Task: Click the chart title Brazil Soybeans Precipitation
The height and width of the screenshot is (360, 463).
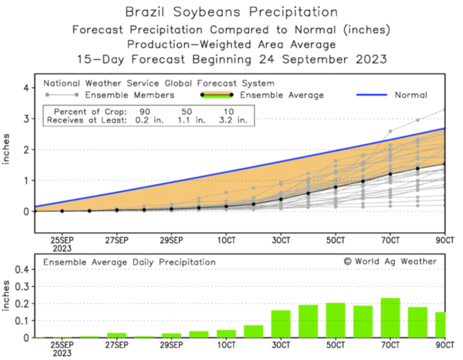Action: (231, 12)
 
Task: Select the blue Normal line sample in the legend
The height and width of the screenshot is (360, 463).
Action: (371, 95)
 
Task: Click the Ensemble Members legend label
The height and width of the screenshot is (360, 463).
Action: (129, 95)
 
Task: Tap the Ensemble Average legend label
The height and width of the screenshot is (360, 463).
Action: (281, 95)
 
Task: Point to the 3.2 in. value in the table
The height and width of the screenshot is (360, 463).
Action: (233, 120)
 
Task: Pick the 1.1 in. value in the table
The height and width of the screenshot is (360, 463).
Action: (191, 120)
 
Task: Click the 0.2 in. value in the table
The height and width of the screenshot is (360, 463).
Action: (149, 120)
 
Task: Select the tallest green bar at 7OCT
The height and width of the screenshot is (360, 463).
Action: (390, 318)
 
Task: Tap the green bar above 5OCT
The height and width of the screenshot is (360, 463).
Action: (336, 320)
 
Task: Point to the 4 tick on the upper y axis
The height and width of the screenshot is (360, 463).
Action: (27, 88)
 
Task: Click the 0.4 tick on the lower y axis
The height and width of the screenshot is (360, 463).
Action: (22, 270)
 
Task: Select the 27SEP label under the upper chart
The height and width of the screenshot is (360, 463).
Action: (117, 240)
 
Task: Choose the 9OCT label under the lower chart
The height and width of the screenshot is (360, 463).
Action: (445, 345)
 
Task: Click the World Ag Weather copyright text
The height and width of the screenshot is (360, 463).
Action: (390, 261)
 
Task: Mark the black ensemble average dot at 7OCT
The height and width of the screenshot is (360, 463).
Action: (390, 174)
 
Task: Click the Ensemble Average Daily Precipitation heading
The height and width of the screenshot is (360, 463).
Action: (129, 262)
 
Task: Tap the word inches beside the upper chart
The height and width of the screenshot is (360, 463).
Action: (6, 149)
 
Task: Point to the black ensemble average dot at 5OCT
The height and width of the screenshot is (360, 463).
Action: (336, 187)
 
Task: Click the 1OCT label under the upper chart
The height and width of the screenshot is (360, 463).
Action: (226, 240)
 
